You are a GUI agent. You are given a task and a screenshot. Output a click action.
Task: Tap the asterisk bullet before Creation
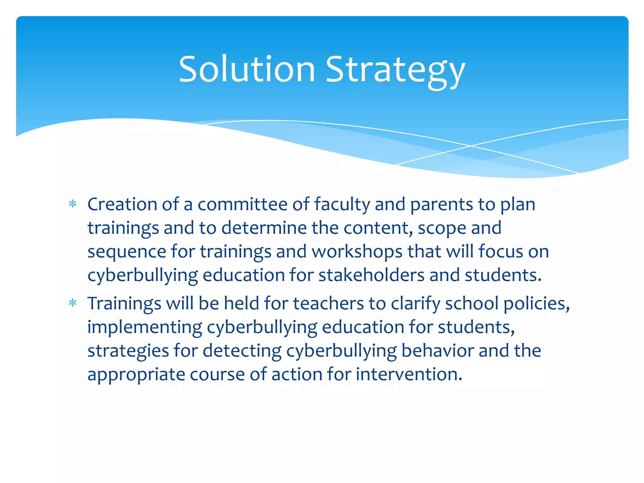[x=73, y=204]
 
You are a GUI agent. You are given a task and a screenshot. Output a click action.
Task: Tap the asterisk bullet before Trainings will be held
[x=73, y=303]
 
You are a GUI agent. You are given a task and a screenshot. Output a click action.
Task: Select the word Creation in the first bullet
[x=122, y=204]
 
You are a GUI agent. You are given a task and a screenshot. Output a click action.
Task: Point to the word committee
[x=242, y=204]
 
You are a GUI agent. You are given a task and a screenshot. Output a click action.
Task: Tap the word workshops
[x=357, y=252]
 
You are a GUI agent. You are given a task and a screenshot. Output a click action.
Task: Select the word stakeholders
[x=371, y=275]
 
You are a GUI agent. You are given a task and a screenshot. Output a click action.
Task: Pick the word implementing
[x=145, y=328]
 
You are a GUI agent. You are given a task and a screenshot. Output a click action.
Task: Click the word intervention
[x=409, y=374]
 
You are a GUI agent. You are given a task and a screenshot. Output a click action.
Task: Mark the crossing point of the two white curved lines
[x=471, y=146]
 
